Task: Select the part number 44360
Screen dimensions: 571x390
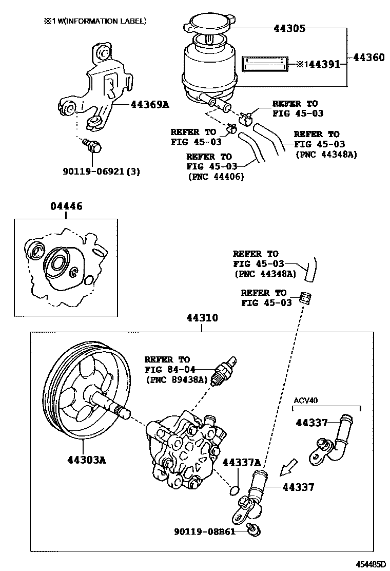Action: pos(367,58)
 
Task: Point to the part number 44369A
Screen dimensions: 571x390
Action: pos(150,105)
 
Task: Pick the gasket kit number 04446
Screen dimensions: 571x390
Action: pos(66,206)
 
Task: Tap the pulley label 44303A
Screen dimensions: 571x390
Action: pos(86,460)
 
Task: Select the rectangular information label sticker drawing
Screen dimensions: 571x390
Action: pos(265,64)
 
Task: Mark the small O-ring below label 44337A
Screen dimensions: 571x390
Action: pos(234,490)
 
